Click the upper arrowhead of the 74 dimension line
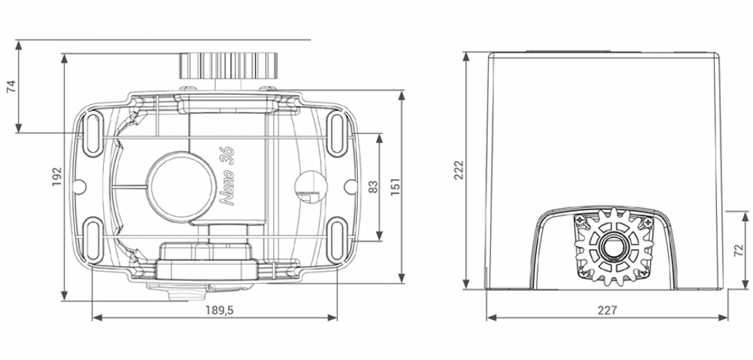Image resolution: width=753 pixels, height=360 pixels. (x=19, y=45)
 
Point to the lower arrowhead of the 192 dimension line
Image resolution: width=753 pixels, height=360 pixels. (x=65, y=296)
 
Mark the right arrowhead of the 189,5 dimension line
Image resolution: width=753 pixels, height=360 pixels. (x=332, y=317)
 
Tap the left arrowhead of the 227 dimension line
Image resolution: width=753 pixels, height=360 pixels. (x=492, y=317)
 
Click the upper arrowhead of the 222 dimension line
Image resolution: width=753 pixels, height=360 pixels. (x=466, y=57)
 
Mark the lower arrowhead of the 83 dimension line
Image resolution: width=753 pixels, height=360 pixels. (x=379, y=234)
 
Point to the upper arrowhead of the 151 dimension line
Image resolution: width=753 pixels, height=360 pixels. (x=402, y=96)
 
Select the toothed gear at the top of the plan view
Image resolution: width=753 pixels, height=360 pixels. (x=229, y=66)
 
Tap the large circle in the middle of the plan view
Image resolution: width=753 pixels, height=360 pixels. (x=181, y=186)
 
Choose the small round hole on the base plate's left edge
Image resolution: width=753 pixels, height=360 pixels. (x=79, y=186)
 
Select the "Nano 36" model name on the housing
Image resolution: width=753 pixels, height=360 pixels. (x=227, y=177)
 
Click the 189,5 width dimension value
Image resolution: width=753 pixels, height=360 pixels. (x=219, y=310)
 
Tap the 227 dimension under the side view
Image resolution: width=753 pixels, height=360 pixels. (x=607, y=310)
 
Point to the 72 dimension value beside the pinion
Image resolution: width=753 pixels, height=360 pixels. (x=740, y=250)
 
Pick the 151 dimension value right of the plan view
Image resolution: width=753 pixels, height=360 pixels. (x=395, y=186)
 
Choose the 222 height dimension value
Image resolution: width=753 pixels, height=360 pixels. (x=459, y=170)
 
